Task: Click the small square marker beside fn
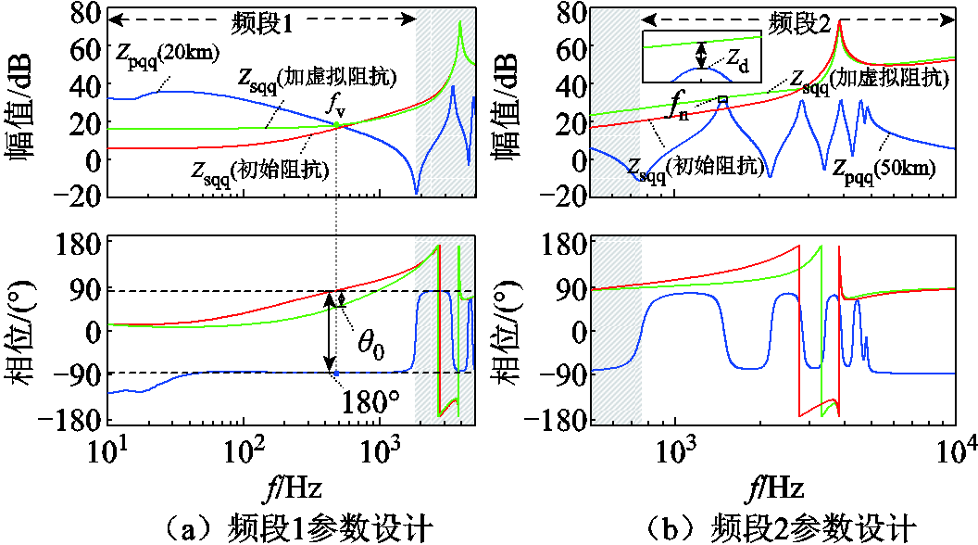(723, 99)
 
